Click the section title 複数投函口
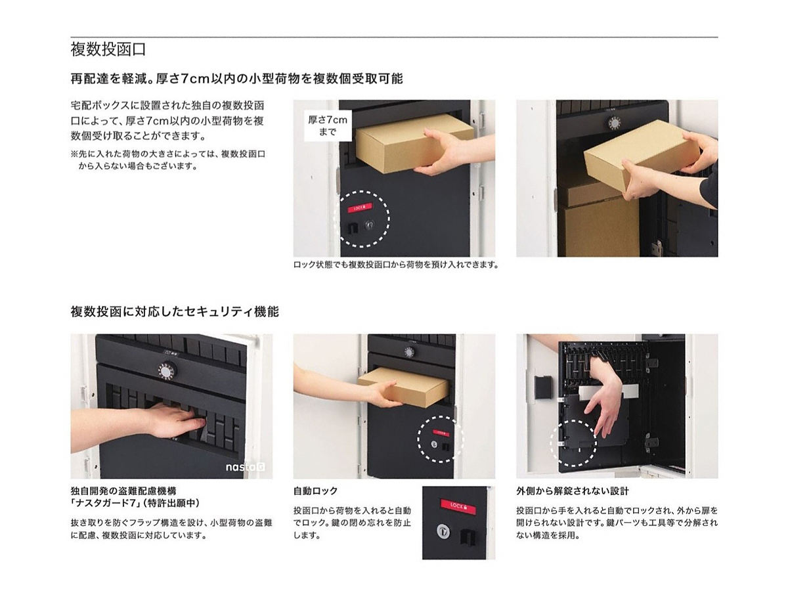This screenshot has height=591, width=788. tap(108, 49)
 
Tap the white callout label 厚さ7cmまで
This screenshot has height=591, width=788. tap(328, 125)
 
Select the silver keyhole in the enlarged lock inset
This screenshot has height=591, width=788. tap(444, 531)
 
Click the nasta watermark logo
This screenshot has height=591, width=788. tap(245, 467)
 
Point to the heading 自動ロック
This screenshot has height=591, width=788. tap(316, 491)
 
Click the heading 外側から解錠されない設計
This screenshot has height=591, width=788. tap(572, 491)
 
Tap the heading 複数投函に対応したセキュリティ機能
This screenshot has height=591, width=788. tap(175, 311)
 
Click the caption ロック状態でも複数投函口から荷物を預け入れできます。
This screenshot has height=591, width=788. tap(396, 265)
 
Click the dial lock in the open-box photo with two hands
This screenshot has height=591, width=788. tap(615, 123)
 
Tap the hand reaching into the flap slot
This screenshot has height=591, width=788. tap(176, 422)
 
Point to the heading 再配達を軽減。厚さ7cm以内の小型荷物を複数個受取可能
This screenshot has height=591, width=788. tap(236, 79)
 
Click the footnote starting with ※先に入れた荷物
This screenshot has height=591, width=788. tap(168, 160)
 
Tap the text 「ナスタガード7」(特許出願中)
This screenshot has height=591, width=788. tap(135, 503)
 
